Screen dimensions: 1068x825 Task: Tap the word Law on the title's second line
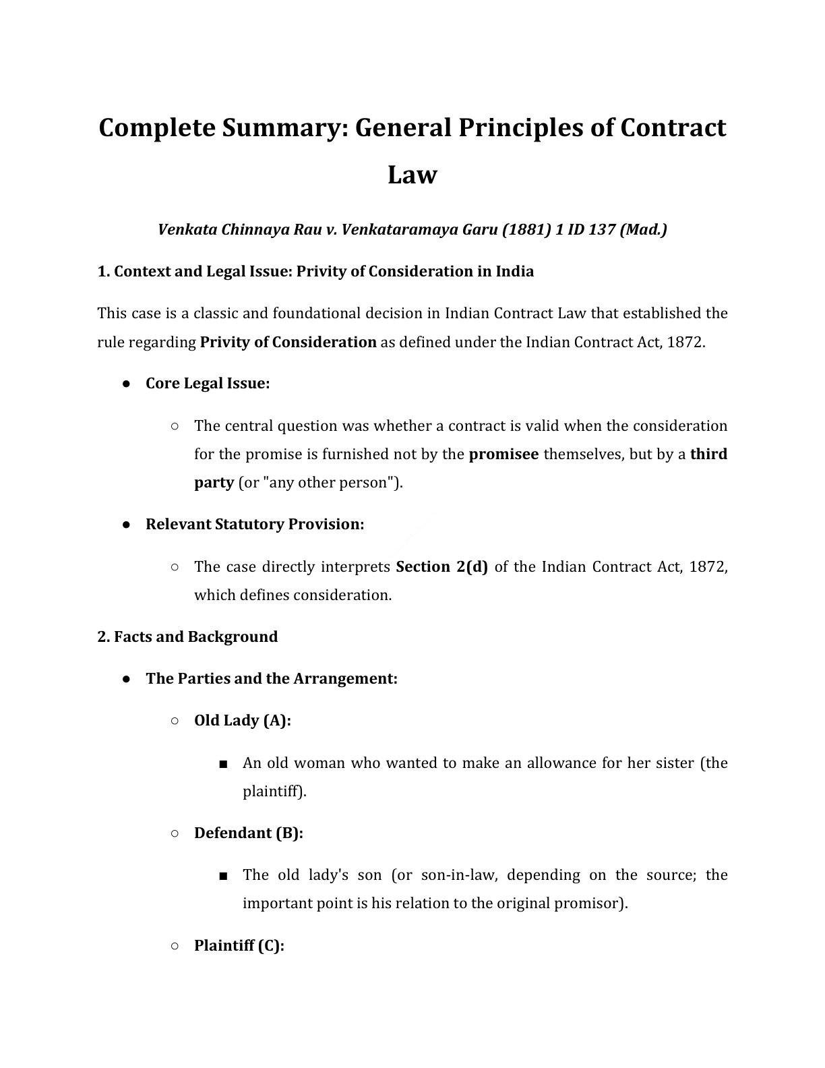pos(412,175)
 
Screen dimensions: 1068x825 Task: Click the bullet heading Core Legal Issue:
pos(208,384)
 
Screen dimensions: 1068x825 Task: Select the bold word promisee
pos(503,454)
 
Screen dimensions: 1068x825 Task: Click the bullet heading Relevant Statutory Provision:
pos(255,525)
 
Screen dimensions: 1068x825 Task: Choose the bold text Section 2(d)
pos(441,567)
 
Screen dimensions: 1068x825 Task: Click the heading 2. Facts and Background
pos(187,637)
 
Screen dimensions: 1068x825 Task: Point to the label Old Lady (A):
pos(243,721)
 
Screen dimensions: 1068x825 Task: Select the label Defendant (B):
pos(249,833)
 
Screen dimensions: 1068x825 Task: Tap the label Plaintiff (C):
pos(239,946)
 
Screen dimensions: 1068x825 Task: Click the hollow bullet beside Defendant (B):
pos(175,833)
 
